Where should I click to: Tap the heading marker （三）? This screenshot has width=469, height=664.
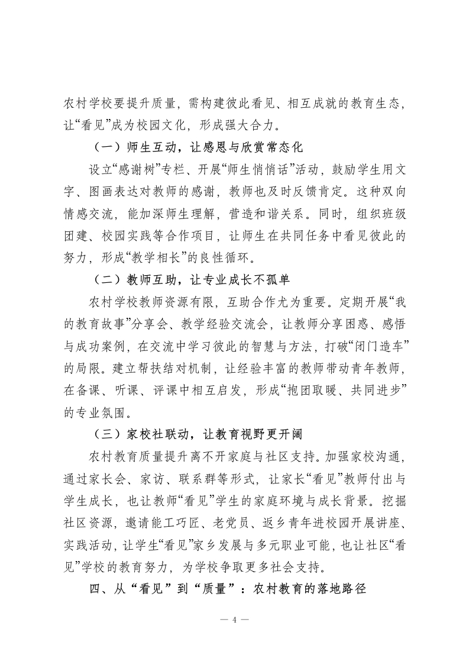point(105,434)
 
